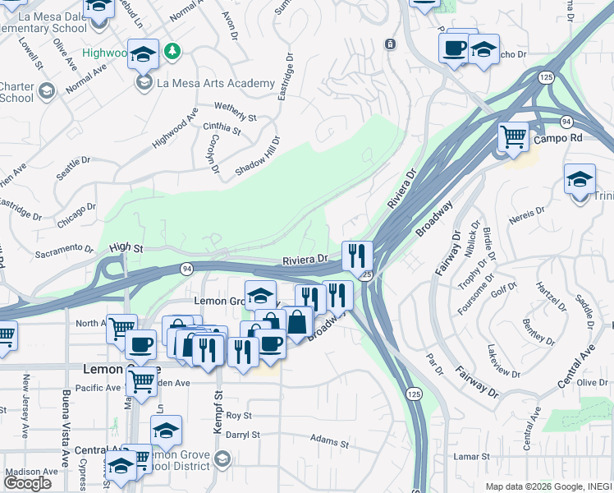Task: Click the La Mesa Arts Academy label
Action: [216, 83]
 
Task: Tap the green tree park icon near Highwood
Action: [172, 53]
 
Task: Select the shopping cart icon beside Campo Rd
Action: [514, 136]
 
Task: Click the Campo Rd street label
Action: [557, 138]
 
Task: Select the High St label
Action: [126, 246]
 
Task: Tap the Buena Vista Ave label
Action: [66, 427]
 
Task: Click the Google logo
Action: [28, 483]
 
